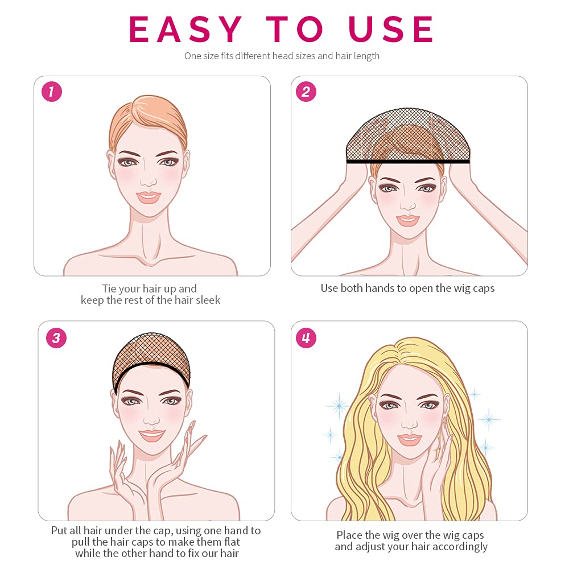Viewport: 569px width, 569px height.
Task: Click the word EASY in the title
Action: coord(185,29)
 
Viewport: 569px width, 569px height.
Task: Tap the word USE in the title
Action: coord(390,29)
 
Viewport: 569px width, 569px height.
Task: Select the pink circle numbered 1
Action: coord(52,92)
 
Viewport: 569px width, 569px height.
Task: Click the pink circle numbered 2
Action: coord(306,92)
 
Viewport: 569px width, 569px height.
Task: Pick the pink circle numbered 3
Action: coord(56,338)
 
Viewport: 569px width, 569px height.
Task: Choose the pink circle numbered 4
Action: coord(306,338)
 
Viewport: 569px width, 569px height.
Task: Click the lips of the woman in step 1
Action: coord(149,197)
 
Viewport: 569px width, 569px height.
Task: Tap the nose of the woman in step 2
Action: coord(407,205)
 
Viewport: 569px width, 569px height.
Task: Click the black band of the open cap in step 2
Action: coord(408,161)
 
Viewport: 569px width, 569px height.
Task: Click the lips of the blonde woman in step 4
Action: coord(410,439)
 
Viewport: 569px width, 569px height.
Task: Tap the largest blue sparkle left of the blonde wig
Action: coord(339,405)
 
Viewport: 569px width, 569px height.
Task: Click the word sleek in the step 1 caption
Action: coord(208,300)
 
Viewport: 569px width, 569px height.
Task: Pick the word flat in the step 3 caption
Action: coord(232,542)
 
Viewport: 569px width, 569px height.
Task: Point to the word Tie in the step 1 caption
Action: coord(109,288)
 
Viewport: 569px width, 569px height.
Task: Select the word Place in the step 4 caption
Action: coord(349,535)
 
